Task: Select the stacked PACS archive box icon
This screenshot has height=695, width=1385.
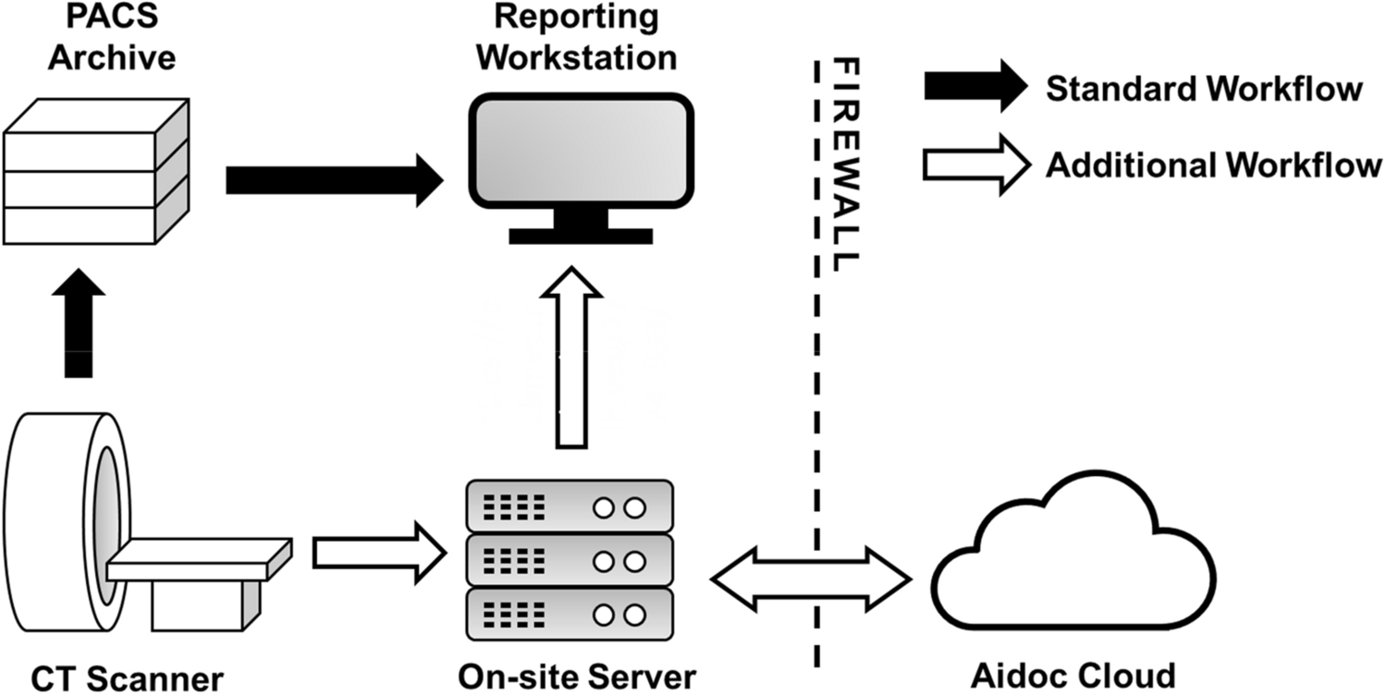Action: coord(96,173)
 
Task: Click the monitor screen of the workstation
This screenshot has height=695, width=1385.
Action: coord(581,150)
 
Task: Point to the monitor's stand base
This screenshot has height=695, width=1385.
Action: coord(580,235)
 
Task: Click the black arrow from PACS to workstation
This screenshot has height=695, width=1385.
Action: coord(334,180)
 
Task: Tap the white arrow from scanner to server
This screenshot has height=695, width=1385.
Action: coord(379,553)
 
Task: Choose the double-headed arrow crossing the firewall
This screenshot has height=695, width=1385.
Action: coord(811,579)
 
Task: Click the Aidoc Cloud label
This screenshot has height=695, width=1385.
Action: coord(1072,676)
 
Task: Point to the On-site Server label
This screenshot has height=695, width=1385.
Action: coord(577,676)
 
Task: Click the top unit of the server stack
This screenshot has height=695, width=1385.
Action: coord(567,506)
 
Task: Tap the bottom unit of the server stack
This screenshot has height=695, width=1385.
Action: coord(567,614)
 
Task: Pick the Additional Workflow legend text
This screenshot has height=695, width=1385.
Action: coord(1213,165)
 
